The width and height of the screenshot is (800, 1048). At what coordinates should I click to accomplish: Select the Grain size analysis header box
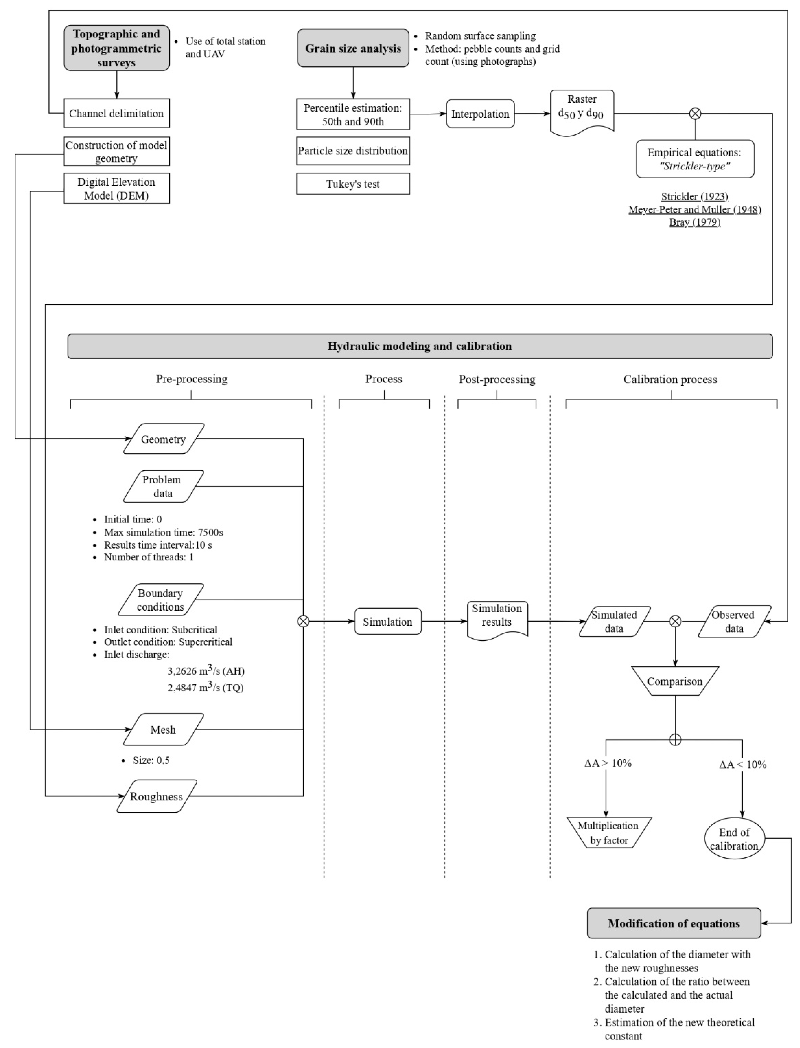point(353,48)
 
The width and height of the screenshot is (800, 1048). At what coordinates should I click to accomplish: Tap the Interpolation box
point(480,114)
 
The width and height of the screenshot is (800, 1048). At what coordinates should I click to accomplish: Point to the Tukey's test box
point(353,184)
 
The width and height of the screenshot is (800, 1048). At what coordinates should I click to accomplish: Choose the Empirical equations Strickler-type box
point(695,159)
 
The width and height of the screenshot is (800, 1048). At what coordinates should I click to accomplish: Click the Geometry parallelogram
point(163,439)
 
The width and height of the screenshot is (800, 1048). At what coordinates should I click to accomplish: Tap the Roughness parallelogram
point(157,796)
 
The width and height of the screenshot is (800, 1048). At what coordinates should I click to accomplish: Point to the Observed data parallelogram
point(734,621)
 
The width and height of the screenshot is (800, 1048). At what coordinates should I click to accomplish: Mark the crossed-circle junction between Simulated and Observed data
point(675,621)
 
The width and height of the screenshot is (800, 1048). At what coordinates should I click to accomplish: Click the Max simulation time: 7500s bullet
point(163,532)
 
